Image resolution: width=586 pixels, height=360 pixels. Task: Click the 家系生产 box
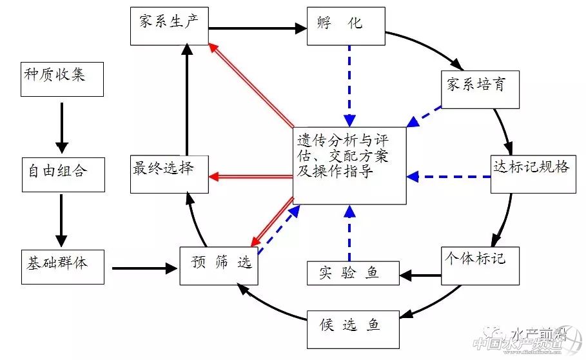pyautogui.click(x=169, y=26)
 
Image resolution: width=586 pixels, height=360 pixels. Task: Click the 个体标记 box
pyautogui.click(x=480, y=265)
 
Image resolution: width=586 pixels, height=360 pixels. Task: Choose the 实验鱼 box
pyautogui.click(x=353, y=273)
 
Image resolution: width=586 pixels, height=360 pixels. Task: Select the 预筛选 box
pyautogui.click(x=219, y=265)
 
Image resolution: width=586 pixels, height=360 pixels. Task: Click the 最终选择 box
pyautogui.click(x=169, y=174)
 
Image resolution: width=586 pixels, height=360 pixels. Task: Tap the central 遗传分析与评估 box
pyautogui.click(x=349, y=165)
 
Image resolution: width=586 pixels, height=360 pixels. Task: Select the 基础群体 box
pyautogui.click(x=62, y=265)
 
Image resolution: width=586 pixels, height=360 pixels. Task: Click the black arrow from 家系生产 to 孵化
pyautogui.click(x=257, y=28)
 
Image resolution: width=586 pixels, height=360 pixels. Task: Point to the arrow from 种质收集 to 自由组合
pyautogui.click(x=62, y=126)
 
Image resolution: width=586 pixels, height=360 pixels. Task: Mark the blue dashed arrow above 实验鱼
pyautogui.click(x=349, y=232)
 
